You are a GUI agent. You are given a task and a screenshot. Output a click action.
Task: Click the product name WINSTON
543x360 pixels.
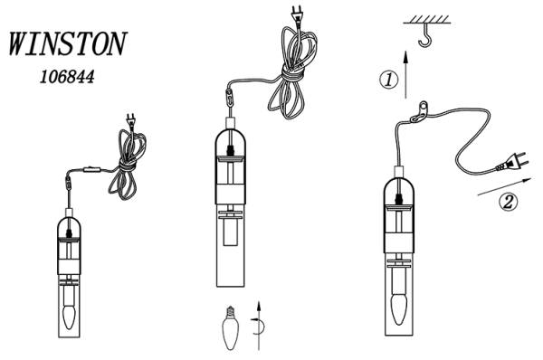pyautogui.click(x=68, y=44)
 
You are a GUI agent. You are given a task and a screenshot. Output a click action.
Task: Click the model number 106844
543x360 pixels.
pyautogui.click(x=67, y=77)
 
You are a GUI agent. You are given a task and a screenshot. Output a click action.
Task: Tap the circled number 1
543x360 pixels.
pyautogui.click(x=389, y=80)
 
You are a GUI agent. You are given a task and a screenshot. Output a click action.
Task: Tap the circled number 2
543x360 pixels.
pyautogui.click(x=508, y=202)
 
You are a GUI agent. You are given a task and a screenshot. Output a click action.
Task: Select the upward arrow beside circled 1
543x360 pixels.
pyautogui.click(x=406, y=74)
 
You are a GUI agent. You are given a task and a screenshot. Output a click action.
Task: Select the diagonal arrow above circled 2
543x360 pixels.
pyautogui.click(x=504, y=186)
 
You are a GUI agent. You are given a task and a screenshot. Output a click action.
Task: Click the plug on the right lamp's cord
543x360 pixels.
pyautogui.click(x=513, y=162)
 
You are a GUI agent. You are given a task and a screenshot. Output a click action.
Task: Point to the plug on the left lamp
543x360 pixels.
pyautogui.click(x=131, y=121)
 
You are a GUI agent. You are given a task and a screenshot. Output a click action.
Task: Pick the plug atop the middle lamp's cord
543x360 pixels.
pyautogui.click(x=298, y=15)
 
